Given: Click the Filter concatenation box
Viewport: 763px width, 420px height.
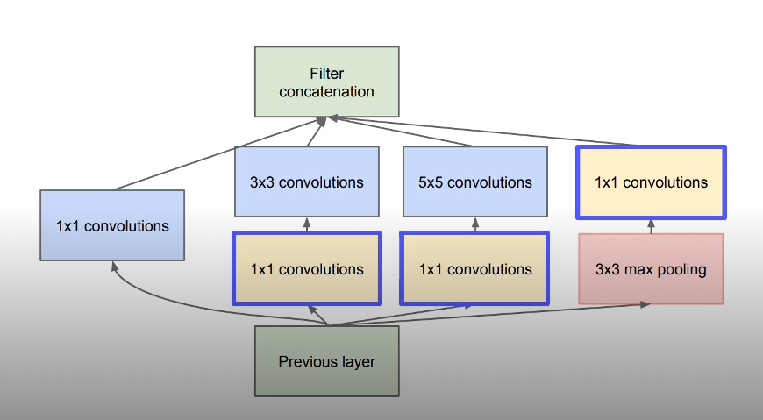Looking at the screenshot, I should (326, 82).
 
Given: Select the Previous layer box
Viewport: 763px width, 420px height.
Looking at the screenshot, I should (326, 360).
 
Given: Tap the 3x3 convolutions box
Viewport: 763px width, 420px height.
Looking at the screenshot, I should (306, 182).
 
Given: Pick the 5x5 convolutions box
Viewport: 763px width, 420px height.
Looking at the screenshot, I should (474, 182).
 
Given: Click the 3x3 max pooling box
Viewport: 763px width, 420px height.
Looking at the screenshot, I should (651, 268).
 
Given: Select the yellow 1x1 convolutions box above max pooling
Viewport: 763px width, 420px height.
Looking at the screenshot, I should (651, 182).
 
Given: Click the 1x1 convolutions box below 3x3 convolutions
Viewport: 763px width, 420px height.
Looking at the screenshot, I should (306, 268).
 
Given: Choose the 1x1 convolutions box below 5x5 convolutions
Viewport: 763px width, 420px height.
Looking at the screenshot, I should (474, 268).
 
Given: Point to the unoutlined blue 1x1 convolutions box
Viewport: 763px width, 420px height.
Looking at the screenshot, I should (112, 225).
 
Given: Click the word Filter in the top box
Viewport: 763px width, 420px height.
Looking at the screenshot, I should (327, 74).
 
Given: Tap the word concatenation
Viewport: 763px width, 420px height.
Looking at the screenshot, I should (327, 91).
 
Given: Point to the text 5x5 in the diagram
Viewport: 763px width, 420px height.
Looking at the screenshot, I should (431, 182).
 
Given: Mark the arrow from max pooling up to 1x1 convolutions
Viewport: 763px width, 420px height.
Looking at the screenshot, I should (651, 226).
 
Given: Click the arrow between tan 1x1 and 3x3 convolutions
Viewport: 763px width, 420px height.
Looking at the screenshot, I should (306, 224).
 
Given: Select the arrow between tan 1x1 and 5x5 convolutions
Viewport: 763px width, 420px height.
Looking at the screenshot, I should (474, 224).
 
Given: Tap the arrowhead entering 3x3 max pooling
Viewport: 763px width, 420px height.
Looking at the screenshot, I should (645, 304).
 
